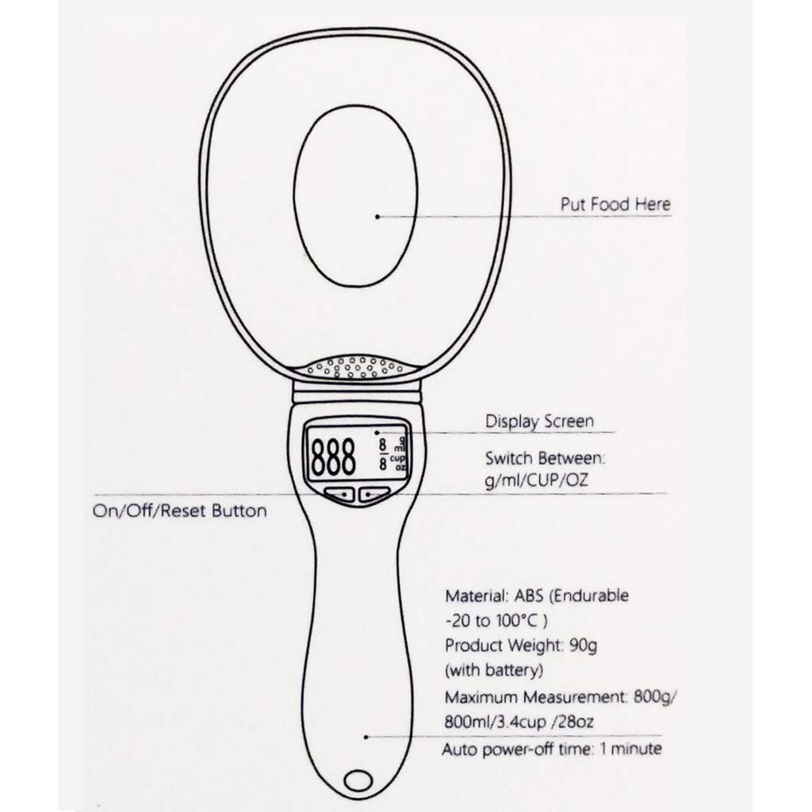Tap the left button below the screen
coord(340,495)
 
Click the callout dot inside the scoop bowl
coord(377,215)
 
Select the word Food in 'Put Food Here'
coord(611,205)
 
